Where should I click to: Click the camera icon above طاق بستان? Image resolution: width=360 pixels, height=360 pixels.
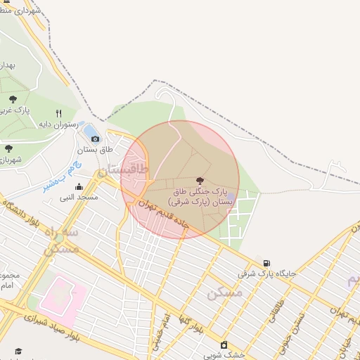pyautogui.click(x=95, y=139)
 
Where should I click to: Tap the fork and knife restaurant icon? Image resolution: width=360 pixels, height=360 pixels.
pyautogui.click(x=58, y=113)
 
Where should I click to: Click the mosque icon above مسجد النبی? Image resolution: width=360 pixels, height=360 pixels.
pyautogui.click(x=78, y=186)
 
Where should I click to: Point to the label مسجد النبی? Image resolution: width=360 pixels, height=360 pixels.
pyautogui.click(x=79, y=198)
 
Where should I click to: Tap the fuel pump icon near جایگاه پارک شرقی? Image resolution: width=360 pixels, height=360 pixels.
pyautogui.click(x=266, y=263)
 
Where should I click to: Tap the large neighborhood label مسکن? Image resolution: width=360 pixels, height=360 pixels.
pyautogui.click(x=224, y=292)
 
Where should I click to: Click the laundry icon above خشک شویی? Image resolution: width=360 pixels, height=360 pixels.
pyautogui.click(x=224, y=345)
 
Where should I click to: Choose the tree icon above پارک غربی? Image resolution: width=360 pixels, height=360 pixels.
pyautogui.click(x=13, y=100)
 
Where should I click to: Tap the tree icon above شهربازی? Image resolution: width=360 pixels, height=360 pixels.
pyautogui.click(x=8, y=148)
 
